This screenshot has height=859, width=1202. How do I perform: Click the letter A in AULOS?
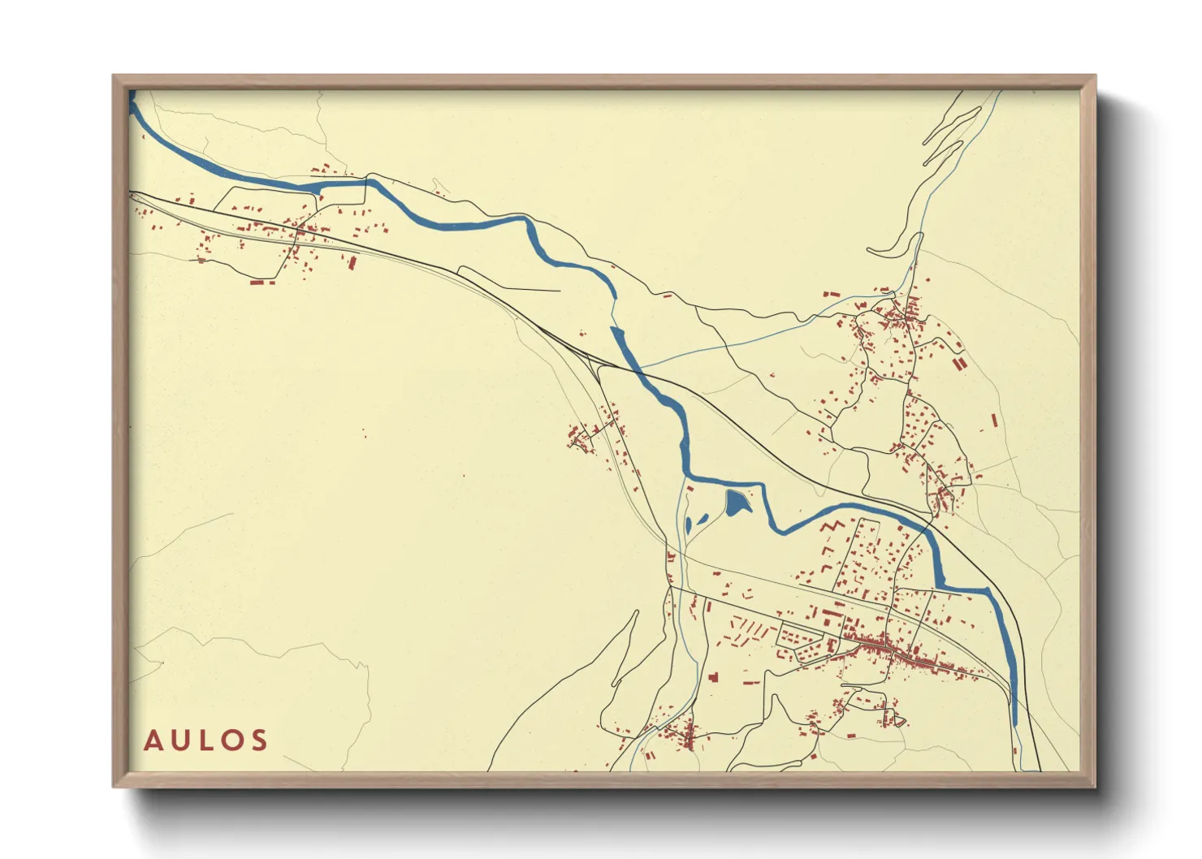point(152,740)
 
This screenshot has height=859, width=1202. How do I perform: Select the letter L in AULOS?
point(205,740)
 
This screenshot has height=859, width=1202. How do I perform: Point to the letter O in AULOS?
point(231,740)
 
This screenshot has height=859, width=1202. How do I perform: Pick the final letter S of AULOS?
point(259,740)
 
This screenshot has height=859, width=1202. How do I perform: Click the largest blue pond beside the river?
point(736,503)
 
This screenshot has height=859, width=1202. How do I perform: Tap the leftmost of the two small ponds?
point(688,524)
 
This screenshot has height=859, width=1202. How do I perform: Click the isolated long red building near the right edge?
point(994,421)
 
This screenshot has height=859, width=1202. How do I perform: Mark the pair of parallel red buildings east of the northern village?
point(959,363)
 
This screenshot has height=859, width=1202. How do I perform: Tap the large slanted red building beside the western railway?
point(352,262)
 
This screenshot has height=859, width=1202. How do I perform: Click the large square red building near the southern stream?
point(713,676)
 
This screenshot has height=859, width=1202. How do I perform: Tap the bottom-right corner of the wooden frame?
point(1095,786)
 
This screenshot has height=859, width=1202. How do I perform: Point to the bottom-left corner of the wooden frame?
point(115,786)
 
